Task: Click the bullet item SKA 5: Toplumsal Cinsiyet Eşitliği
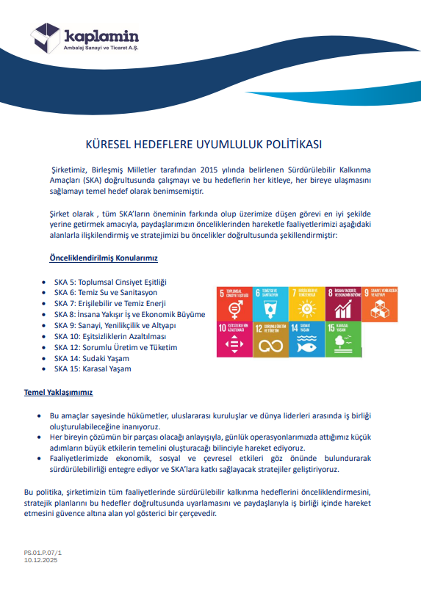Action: (x=111, y=282)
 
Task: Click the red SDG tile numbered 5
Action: (x=234, y=302)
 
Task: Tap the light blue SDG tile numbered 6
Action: (x=270, y=302)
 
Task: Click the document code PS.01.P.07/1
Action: (x=43, y=551)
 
